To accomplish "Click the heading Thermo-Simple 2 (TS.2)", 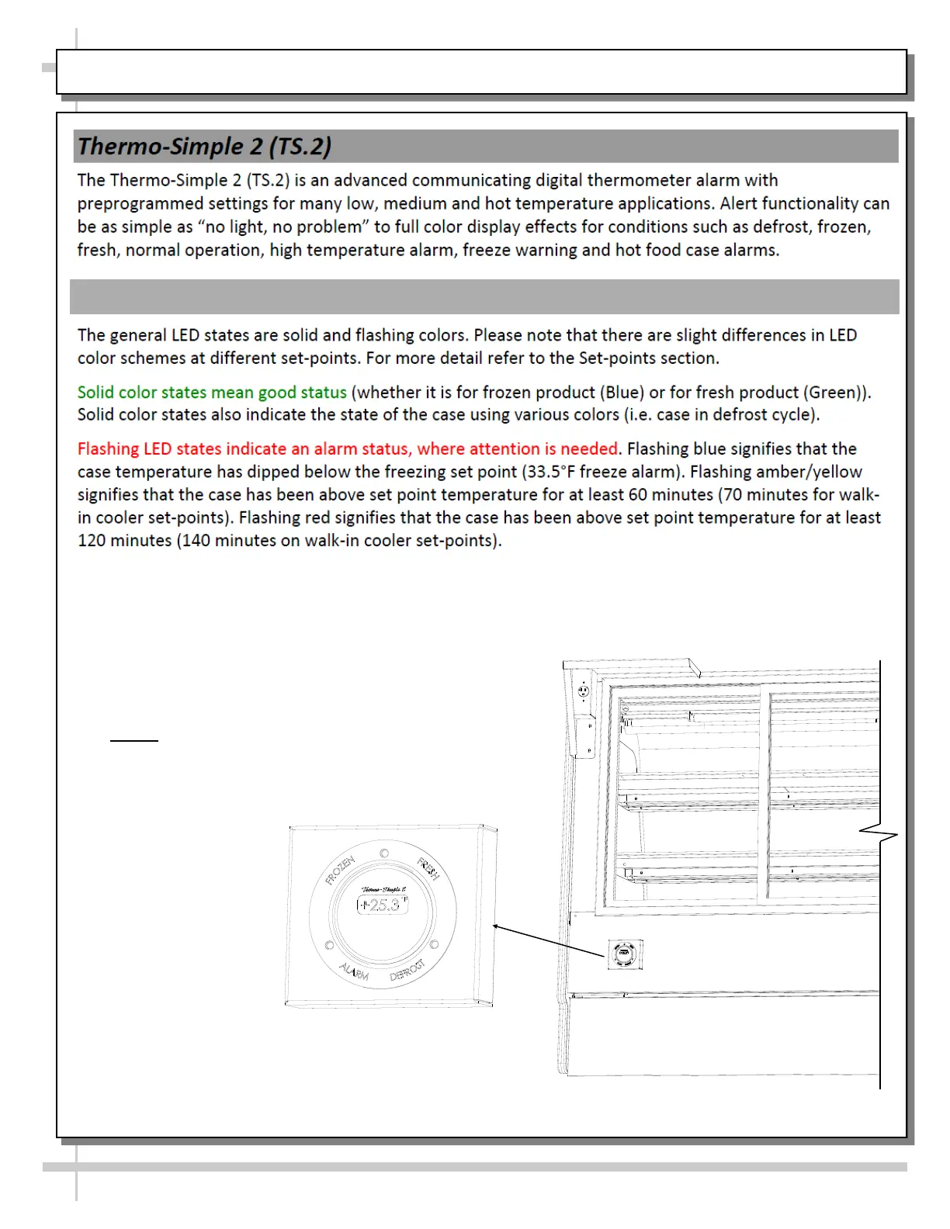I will point(204,147).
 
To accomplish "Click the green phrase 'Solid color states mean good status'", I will point(212,393).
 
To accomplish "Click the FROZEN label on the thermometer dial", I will point(340,871).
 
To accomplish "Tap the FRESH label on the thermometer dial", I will point(428,869).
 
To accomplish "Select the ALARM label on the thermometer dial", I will point(354,971).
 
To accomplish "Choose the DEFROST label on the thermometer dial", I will point(407,970).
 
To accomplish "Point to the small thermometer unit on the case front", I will point(624,954).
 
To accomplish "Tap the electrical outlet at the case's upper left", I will point(584,691).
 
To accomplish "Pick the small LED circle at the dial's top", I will point(384,853).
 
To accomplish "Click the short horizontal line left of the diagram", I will point(134,741).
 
